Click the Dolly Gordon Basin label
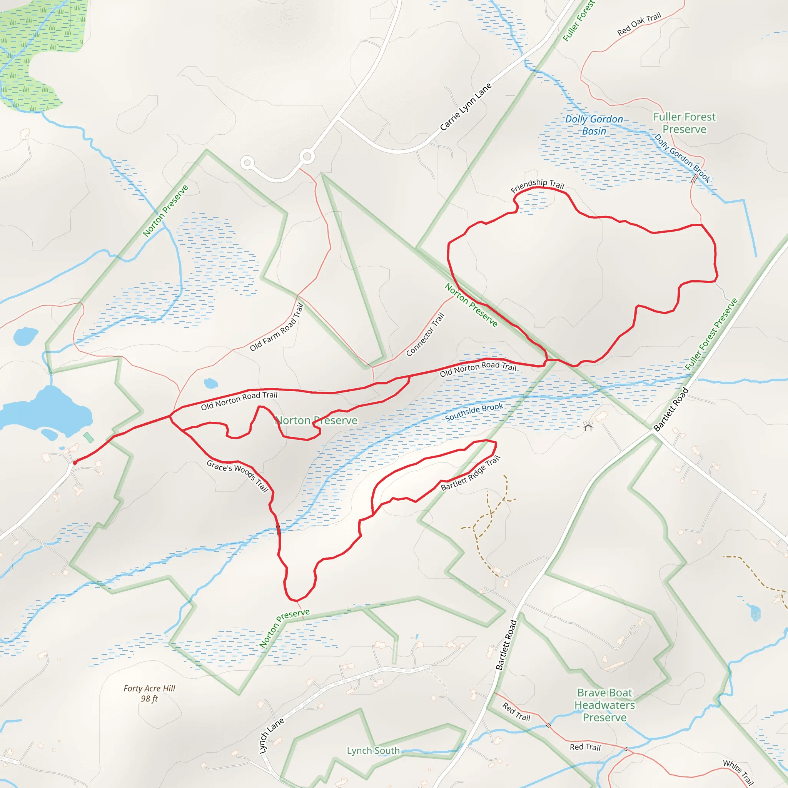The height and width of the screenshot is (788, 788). tap(594, 125)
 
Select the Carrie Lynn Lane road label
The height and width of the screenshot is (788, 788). tap(466, 107)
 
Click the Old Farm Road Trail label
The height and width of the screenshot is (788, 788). tap(277, 327)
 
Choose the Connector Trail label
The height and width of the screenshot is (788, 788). tap(425, 334)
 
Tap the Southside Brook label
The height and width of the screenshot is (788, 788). tap(474, 412)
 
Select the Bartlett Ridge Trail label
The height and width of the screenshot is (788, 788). tap(470, 473)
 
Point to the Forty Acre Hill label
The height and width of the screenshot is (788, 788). tap(149, 693)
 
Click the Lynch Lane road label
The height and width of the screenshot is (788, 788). tap(271, 735)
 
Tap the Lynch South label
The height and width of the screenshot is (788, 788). tap(373, 750)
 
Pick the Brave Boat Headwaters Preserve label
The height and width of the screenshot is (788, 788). tap(604, 705)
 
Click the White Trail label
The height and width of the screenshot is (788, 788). tap(738, 773)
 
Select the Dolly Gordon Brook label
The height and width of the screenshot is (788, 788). tap(682, 158)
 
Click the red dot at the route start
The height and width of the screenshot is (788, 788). tap(75, 462)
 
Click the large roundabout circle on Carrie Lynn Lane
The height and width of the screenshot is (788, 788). tap(307, 156)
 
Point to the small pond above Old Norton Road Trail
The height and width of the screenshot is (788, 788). tap(211, 383)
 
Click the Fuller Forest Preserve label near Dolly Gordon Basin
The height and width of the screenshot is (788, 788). tap(684, 123)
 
